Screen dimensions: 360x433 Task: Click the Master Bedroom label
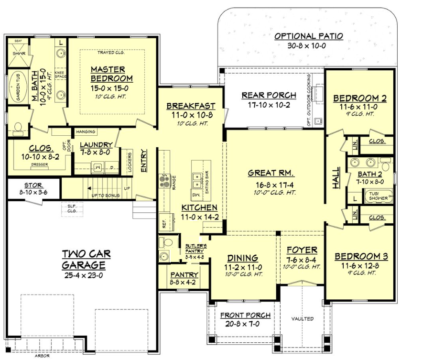coord(111,74)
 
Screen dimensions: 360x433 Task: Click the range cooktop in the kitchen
coord(165,181)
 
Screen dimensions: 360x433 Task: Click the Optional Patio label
coord(308,36)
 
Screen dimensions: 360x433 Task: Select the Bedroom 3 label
coord(361,256)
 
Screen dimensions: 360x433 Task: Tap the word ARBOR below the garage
coord(42,356)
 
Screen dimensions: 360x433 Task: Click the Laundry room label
coord(96,145)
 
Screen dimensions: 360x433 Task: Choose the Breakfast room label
coord(190,106)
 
